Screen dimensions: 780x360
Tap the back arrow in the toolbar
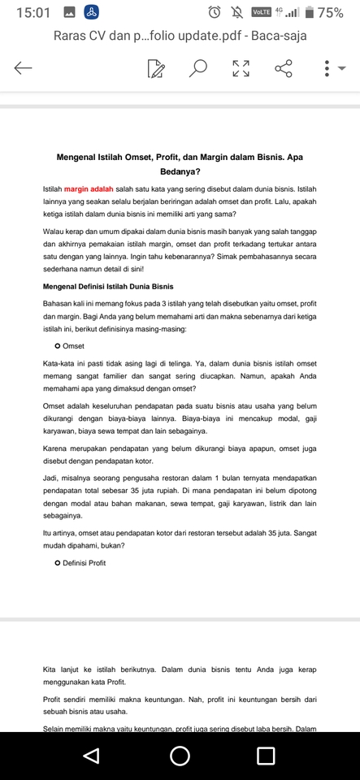(23, 68)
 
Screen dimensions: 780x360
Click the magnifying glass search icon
(197, 68)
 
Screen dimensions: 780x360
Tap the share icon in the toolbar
(284, 68)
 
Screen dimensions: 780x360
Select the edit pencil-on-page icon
(156, 68)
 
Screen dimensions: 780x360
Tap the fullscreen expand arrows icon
(241, 68)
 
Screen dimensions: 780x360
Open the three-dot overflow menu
(327, 68)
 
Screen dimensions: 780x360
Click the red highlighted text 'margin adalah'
(89, 188)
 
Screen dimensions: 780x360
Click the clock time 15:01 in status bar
(33, 12)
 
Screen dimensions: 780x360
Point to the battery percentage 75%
(330, 12)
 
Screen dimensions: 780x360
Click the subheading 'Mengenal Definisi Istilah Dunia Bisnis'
(107, 287)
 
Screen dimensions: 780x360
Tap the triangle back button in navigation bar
(91, 756)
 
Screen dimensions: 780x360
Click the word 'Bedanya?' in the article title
(180, 171)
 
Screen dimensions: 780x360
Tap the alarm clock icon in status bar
(215, 12)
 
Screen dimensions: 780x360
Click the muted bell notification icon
(237, 12)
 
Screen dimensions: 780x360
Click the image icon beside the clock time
(69, 12)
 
